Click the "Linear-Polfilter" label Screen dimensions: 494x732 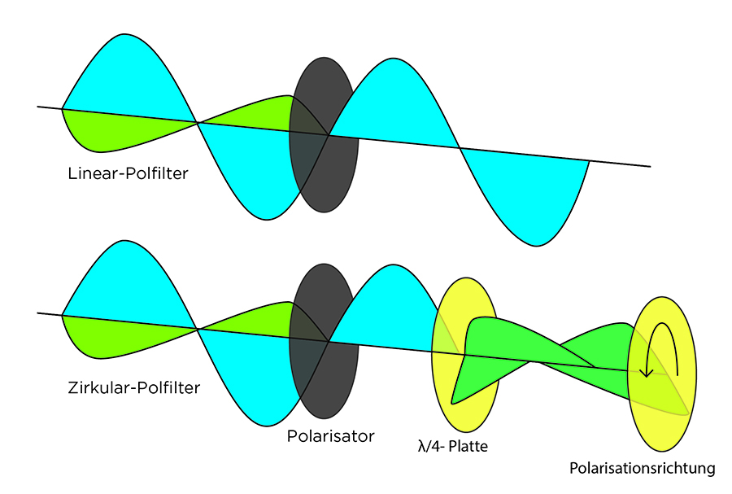tap(129, 173)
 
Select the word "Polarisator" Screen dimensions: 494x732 tap(330, 436)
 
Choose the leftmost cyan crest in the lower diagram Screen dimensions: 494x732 tap(126, 281)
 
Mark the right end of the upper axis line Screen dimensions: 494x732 tap(649, 166)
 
